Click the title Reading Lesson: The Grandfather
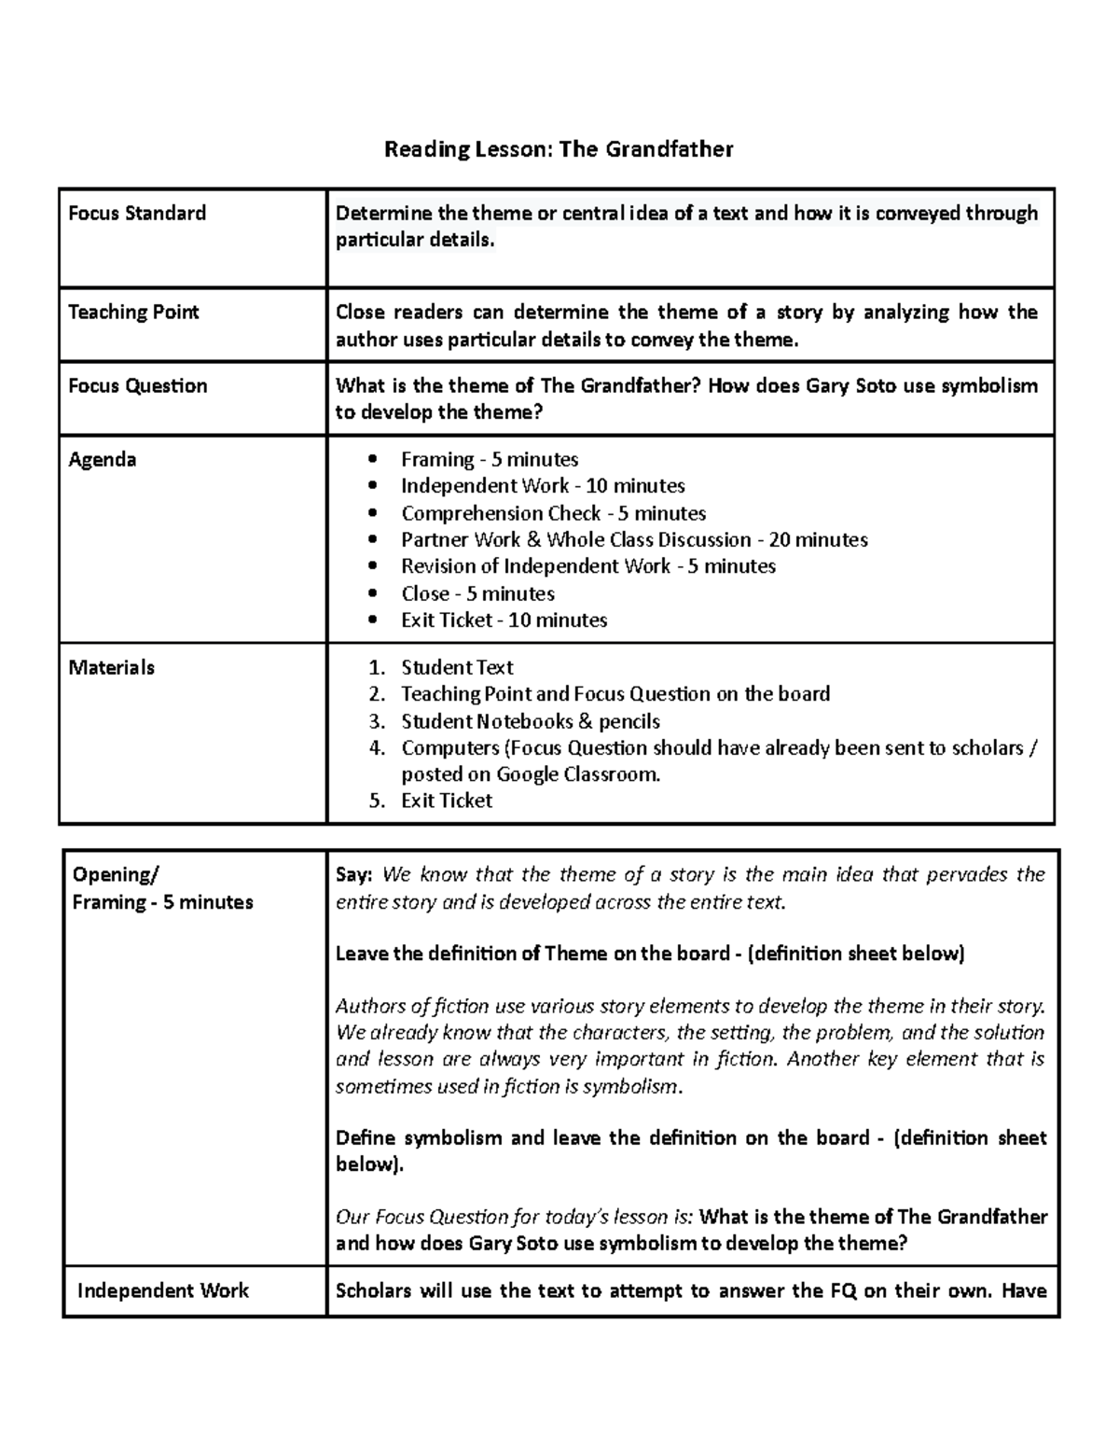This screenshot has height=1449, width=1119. click(x=559, y=149)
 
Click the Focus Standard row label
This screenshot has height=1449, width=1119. click(x=137, y=214)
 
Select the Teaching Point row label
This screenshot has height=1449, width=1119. click(x=133, y=313)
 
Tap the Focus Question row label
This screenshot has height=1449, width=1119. click(x=138, y=386)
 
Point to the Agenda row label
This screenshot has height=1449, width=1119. click(x=103, y=460)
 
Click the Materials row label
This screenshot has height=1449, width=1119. click(x=112, y=668)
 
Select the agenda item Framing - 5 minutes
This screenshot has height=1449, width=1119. click(x=490, y=460)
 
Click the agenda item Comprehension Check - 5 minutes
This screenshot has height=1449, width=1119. click(x=553, y=514)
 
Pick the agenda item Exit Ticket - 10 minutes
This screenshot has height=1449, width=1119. click(x=504, y=620)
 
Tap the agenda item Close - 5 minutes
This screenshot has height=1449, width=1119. click(x=477, y=594)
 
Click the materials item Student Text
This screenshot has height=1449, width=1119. click(x=457, y=668)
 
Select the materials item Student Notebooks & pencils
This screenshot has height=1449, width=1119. click(x=531, y=722)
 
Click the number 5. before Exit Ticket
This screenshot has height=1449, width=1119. click(x=376, y=801)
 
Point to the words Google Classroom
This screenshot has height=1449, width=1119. click(x=577, y=774)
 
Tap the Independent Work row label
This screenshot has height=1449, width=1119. click(x=163, y=1291)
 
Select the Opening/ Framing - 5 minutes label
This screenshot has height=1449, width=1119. click(x=162, y=888)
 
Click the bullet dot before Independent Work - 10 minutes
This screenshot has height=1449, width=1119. click(x=374, y=487)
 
